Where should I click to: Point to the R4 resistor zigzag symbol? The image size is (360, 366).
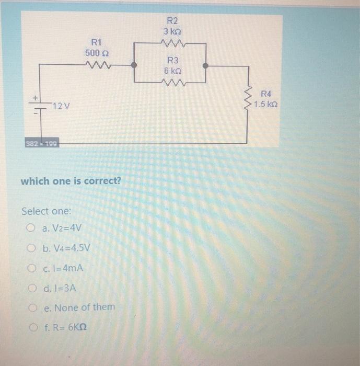(x=249, y=99)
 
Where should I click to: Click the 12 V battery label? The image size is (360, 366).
(x=62, y=106)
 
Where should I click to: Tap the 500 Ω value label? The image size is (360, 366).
(x=96, y=53)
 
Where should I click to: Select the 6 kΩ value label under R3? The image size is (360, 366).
(x=172, y=71)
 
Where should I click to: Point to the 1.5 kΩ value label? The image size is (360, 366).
(x=266, y=105)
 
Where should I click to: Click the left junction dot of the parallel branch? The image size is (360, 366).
(x=134, y=66)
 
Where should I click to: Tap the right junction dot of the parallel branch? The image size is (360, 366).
(x=206, y=66)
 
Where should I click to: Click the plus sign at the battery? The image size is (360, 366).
(x=36, y=98)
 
